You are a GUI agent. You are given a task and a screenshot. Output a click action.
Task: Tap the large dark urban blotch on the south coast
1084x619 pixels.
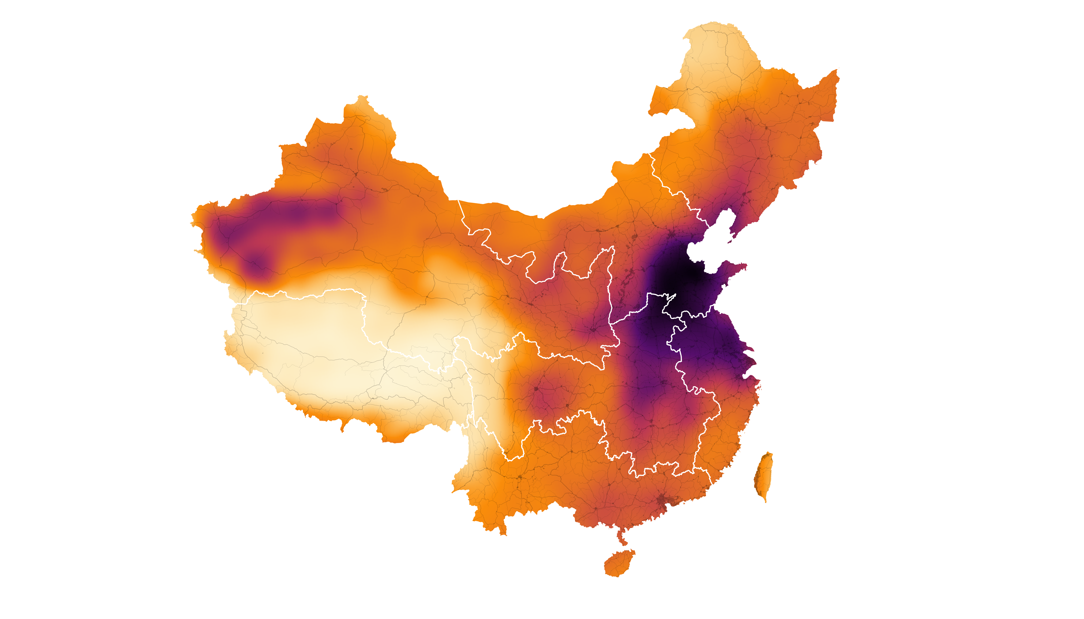click(661, 500)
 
